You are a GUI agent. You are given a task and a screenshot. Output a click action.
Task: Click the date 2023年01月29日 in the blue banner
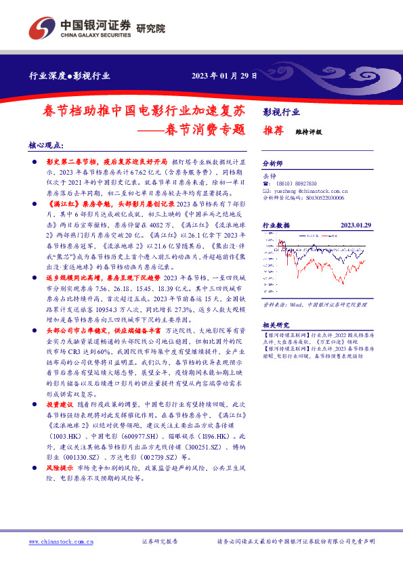tap(224, 76)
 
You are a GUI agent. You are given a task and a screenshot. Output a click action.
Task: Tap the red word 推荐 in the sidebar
tap(272, 133)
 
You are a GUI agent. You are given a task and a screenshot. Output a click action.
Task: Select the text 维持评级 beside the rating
tap(309, 133)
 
